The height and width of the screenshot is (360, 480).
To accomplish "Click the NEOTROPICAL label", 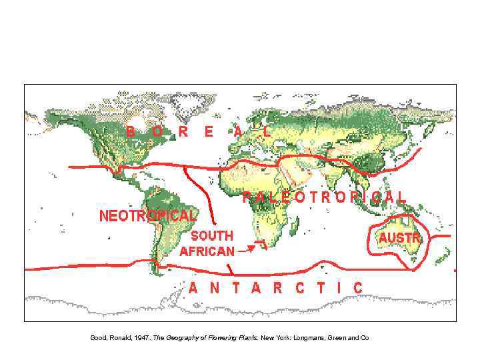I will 147,216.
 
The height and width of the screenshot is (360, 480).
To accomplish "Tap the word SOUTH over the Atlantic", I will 212,235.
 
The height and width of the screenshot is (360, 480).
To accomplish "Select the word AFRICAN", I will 207,251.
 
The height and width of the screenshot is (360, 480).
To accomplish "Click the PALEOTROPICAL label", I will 323,197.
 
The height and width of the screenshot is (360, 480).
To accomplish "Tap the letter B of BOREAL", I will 131,131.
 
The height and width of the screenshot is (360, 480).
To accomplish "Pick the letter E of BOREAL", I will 209,131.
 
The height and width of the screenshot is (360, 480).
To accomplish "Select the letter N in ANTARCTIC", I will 215,288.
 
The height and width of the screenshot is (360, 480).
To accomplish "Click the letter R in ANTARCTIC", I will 277,288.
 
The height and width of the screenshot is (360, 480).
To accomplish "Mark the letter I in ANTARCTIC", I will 341,288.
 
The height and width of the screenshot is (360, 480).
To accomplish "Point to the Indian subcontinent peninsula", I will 333,183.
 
